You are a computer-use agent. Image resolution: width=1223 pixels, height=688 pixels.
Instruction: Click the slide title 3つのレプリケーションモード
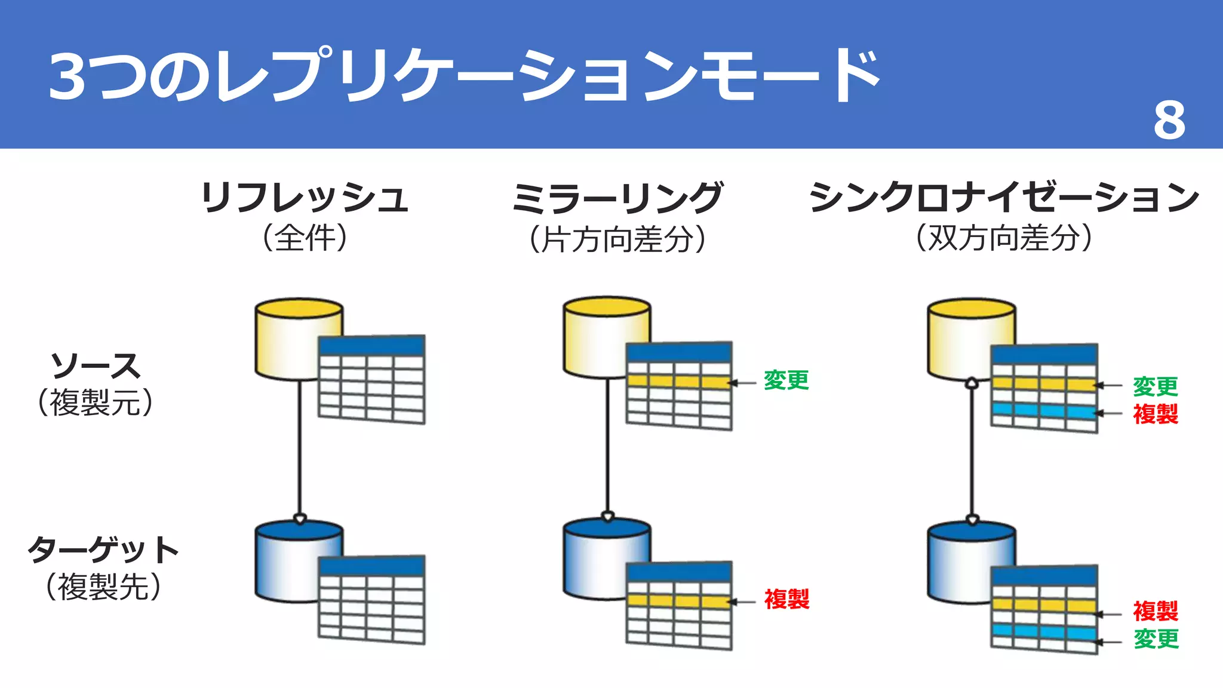pyautogui.click(x=464, y=76)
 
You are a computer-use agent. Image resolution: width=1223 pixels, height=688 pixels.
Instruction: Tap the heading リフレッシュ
pyautogui.click(x=305, y=198)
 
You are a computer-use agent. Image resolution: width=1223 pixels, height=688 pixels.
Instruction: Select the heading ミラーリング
pyautogui.click(x=617, y=198)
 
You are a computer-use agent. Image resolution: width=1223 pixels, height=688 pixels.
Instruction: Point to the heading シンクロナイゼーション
pyautogui.click(x=1004, y=198)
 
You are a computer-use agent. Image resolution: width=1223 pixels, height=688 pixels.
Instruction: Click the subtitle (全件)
pyautogui.click(x=305, y=238)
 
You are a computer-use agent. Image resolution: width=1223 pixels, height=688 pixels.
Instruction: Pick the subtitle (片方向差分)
pyautogui.click(x=617, y=239)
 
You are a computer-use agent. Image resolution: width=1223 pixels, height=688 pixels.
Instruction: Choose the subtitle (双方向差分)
pyautogui.click(x=1004, y=238)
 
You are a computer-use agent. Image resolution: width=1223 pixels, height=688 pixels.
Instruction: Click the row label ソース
pyautogui.click(x=96, y=365)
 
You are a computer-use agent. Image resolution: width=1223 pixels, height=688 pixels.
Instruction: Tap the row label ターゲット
pyautogui.click(x=103, y=549)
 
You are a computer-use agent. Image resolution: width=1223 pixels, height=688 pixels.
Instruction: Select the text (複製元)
pyautogui.click(x=96, y=403)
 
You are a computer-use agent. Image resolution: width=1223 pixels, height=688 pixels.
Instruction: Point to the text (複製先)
pyautogui.click(x=103, y=586)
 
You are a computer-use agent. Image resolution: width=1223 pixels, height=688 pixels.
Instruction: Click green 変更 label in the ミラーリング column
pyautogui.click(x=786, y=380)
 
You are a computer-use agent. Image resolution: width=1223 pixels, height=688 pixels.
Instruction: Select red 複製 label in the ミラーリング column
pyautogui.click(x=786, y=599)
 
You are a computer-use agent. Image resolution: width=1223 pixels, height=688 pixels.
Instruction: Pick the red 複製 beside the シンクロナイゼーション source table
pyautogui.click(x=1156, y=414)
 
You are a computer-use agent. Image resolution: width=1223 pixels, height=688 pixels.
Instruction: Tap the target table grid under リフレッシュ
pyautogui.click(x=371, y=600)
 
